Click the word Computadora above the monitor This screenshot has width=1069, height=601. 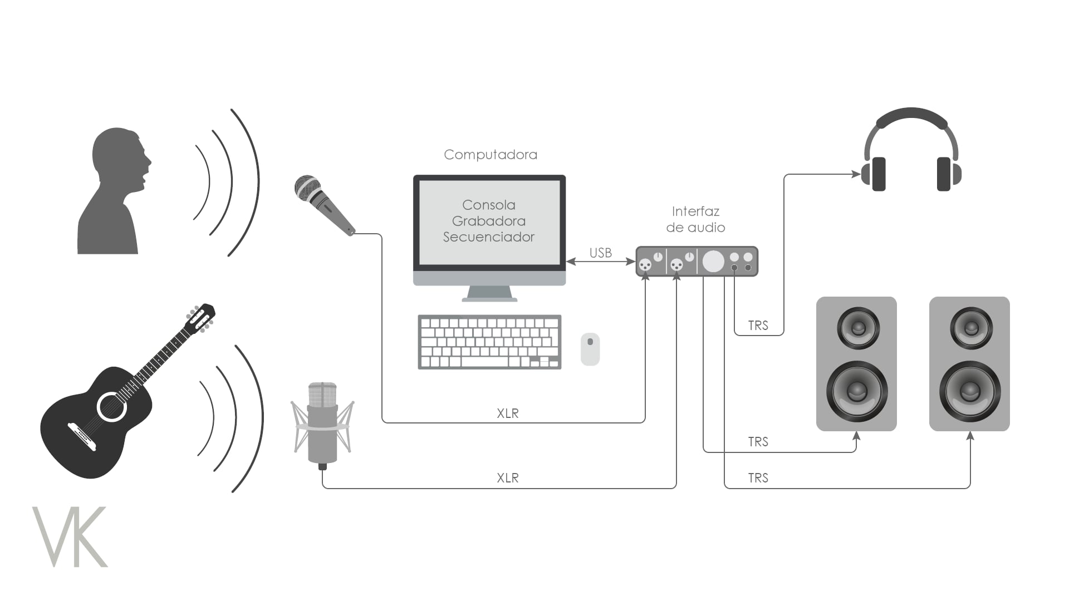click(x=490, y=155)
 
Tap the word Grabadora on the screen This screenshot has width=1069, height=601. click(x=489, y=221)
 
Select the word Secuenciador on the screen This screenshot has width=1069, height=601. click(x=489, y=237)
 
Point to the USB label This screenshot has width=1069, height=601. click(x=600, y=253)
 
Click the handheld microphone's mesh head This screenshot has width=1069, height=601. click(x=307, y=187)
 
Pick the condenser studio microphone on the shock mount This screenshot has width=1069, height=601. click(x=322, y=423)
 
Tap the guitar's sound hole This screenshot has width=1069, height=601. click(x=112, y=407)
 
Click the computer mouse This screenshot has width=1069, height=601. click(x=590, y=349)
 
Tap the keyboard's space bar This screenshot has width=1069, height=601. click(x=484, y=362)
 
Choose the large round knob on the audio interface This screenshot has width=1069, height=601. click(x=713, y=261)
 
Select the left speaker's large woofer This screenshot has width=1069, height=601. click(x=856, y=391)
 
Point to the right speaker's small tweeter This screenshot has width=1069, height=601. click(x=971, y=328)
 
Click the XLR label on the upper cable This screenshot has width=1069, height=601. click(x=507, y=413)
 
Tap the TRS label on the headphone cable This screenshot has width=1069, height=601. click(x=758, y=326)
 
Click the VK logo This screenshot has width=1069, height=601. click(x=70, y=536)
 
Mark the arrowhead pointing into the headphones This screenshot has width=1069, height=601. click(x=857, y=174)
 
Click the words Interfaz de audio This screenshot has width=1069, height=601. click(x=695, y=219)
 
